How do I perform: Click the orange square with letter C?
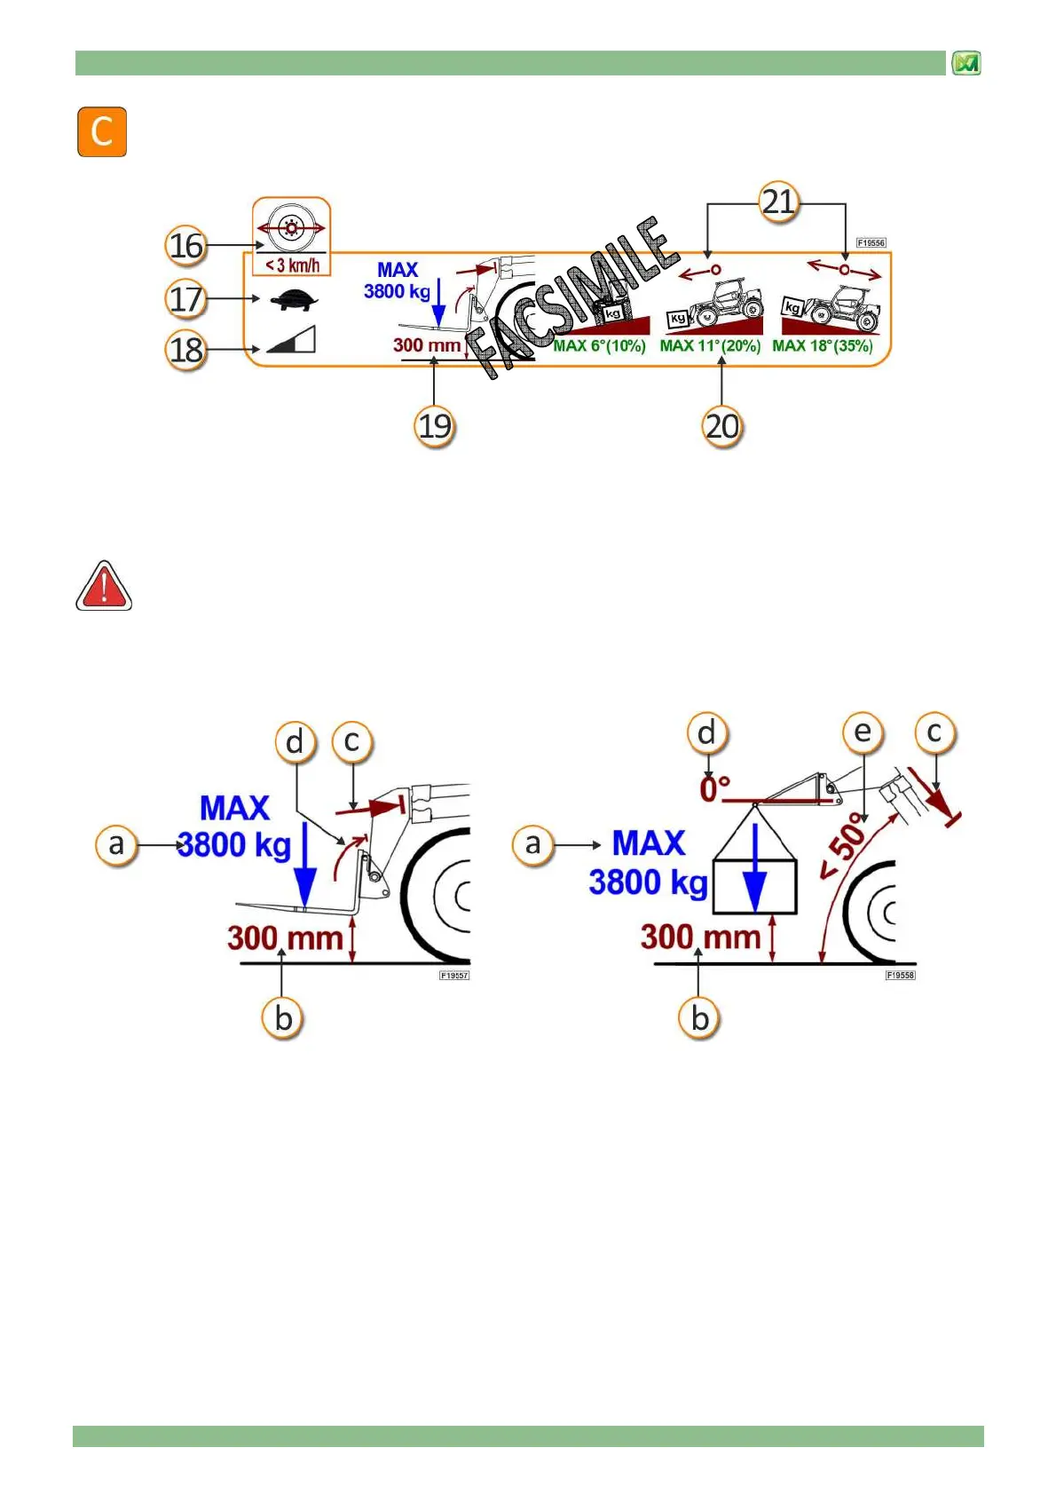click(102, 132)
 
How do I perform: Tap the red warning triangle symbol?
click(104, 587)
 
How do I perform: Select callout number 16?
click(186, 246)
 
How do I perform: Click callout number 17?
click(186, 299)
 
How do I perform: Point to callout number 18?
click(186, 350)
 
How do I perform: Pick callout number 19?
click(434, 426)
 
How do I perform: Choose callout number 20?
click(721, 426)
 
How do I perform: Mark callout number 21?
click(778, 202)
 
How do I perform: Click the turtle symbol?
click(294, 300)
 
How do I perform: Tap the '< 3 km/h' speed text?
click(292, 265)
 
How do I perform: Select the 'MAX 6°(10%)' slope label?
click(599, 346)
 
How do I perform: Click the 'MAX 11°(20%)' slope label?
click(710, 346)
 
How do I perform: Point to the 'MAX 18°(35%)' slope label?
click(823, 346)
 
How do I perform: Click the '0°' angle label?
click(715, 788)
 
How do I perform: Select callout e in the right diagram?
click(863, 732)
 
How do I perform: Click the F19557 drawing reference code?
click(454, 976)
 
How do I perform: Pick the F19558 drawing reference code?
click(900, 976)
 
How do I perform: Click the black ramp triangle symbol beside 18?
click(292, 340)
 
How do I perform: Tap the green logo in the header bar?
click(965, 63)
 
